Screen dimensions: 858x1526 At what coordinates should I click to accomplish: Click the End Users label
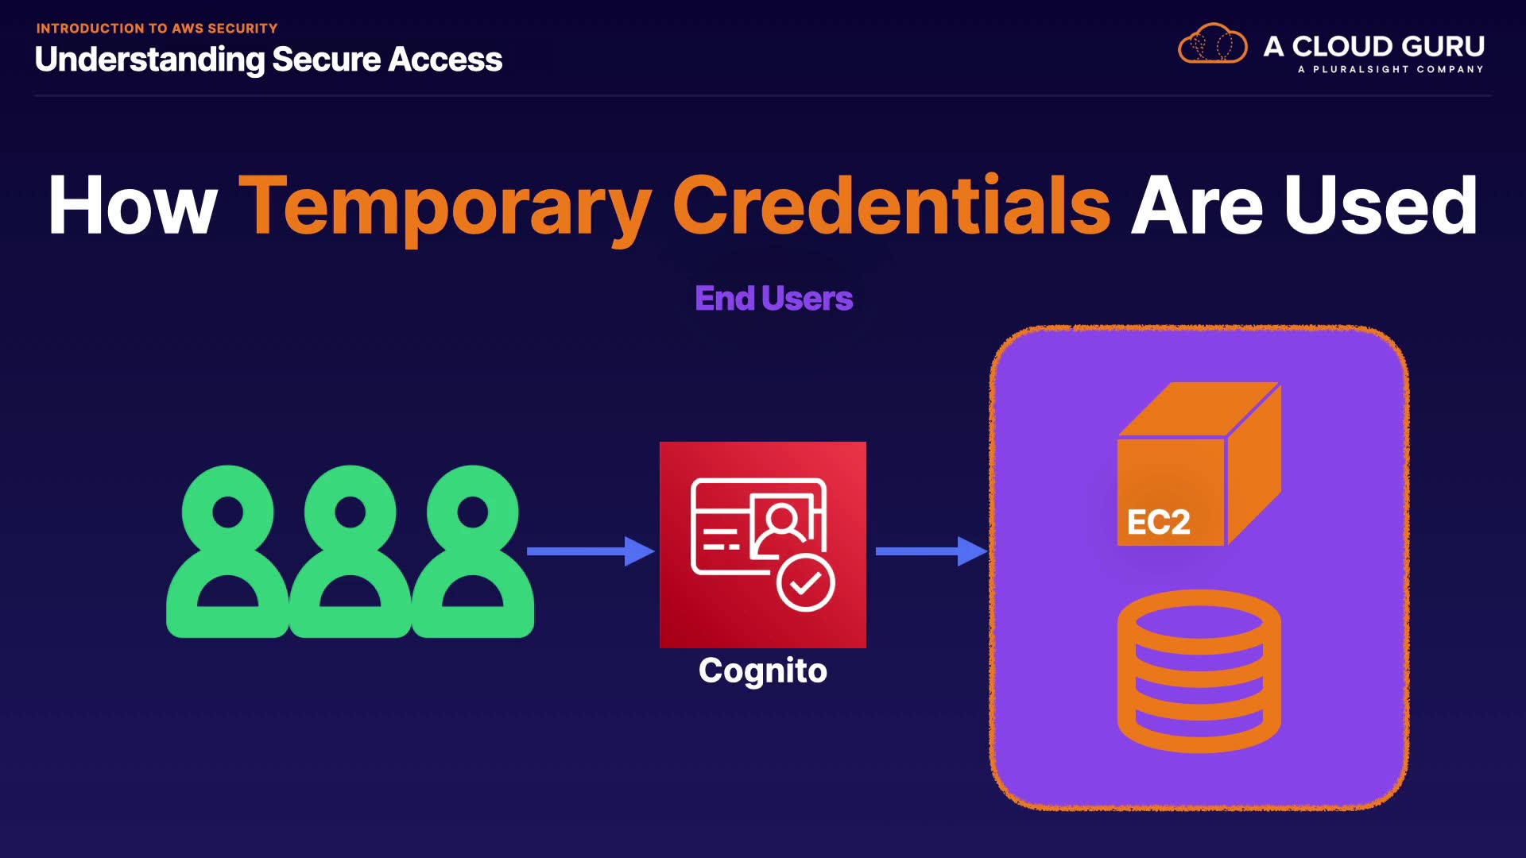[773, 299]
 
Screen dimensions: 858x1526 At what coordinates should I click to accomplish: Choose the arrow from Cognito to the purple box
[931, 551]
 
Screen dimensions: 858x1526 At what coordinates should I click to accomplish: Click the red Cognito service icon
[762, 544]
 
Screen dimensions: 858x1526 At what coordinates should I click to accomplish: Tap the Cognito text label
[762, 671]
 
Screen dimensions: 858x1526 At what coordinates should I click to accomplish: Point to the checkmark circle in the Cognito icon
[805, 583]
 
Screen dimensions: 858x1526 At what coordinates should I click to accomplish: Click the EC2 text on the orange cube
[1158, 522]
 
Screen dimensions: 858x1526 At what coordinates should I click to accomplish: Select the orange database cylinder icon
[1199, 671]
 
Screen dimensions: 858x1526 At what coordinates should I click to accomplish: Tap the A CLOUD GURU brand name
[1373, 46]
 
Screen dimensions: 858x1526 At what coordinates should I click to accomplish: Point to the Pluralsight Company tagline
[1390, 69]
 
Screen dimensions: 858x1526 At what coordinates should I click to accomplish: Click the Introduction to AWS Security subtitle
[157, 29]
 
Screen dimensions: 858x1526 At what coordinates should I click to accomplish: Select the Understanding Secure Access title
[269, 60]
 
